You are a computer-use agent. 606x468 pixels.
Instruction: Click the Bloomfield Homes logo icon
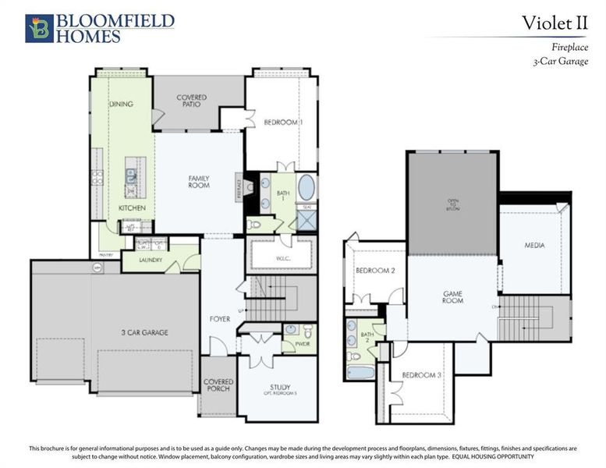(39, 27)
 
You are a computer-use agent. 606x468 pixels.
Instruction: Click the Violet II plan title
(555, 23)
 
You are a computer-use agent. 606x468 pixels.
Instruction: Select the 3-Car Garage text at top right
(560, 61)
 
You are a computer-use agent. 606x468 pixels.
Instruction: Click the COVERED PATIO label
(191, 101)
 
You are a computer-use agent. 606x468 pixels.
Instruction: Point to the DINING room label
(121, 104)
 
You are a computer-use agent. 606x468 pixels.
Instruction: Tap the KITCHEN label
(132, 209)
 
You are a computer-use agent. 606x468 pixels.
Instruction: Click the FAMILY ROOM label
(199, 182)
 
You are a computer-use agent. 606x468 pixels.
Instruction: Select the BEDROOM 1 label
(283, 122)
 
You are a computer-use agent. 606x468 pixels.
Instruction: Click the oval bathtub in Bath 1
(306, 188)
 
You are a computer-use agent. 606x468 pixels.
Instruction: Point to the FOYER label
(219, 318)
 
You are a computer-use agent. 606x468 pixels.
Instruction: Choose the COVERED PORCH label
(218, 385)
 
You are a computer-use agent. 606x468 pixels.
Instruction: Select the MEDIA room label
(534, 246)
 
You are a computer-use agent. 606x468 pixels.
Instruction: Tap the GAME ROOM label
(453, 297)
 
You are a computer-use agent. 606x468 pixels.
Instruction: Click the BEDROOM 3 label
(422, 375)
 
